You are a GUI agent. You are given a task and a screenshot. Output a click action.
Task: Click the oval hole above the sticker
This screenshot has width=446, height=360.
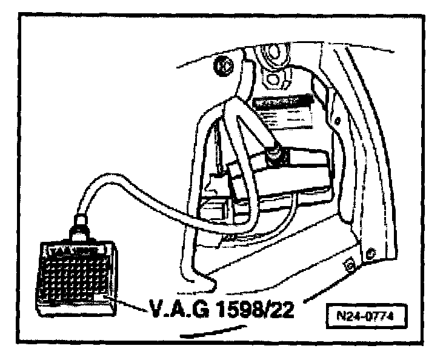coord(273,79)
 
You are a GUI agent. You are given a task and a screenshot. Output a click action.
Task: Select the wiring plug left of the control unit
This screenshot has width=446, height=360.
coord(221,182)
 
